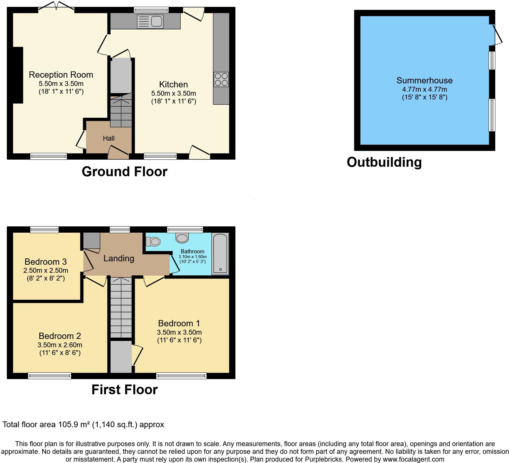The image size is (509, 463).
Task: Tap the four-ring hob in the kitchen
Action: click(221, 79)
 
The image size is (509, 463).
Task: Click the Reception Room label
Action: click(61, 75)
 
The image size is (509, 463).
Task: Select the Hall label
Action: click(109, 138)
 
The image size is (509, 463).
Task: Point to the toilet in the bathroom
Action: click(153, 242)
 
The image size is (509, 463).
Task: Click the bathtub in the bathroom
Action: click(220, 254)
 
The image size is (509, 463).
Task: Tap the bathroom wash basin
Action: click(182, 238)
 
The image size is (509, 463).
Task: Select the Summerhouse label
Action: click(424, 81)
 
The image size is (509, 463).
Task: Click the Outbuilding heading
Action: click(384, 162)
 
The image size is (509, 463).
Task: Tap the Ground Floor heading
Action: click(124, 172)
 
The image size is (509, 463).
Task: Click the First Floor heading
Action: click(124, 390)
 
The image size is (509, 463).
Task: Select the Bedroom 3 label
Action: click(46, 262)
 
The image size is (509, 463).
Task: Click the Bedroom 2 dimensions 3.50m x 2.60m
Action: click(60, 345)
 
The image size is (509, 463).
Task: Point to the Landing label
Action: click(119, 258)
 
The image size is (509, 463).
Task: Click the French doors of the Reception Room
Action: click(56, 6)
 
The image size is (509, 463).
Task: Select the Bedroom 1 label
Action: click(179, 323)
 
